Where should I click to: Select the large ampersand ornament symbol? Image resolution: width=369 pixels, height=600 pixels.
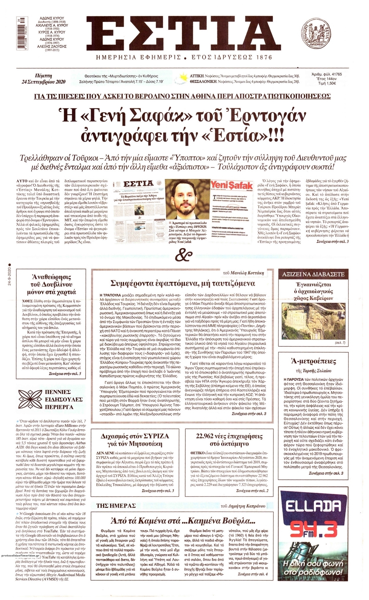point(184,253)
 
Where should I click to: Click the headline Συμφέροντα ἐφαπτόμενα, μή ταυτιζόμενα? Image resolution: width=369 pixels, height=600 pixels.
point(183,283)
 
